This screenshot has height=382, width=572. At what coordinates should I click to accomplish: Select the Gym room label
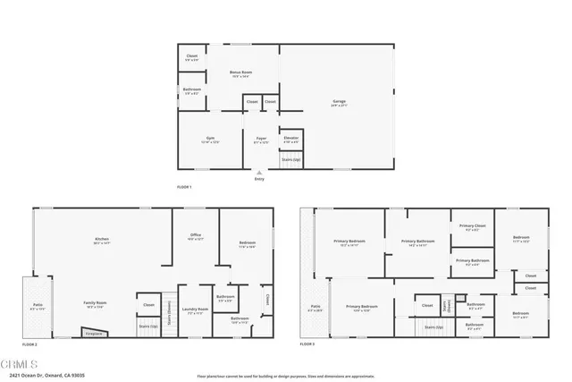tap(211, 140)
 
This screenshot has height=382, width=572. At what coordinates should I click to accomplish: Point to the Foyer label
tap(261, 140)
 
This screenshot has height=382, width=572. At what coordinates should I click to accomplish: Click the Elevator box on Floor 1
tap(291, 140)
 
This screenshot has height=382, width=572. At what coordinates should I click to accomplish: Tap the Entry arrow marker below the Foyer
tap(260, 172)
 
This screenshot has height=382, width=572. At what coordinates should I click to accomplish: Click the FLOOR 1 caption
tap(184, 186)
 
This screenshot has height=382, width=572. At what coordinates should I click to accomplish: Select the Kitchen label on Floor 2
tap(102, 240)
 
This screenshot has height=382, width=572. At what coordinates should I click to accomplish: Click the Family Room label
tap(97, 307)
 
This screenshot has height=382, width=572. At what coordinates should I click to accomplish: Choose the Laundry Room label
tap(194, 312)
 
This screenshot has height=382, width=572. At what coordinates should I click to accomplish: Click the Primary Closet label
tap(472, 226)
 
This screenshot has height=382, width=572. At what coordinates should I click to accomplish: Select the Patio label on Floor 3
tap(315, 310)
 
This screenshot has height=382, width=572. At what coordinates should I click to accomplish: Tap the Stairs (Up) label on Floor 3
tap(435, 328)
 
